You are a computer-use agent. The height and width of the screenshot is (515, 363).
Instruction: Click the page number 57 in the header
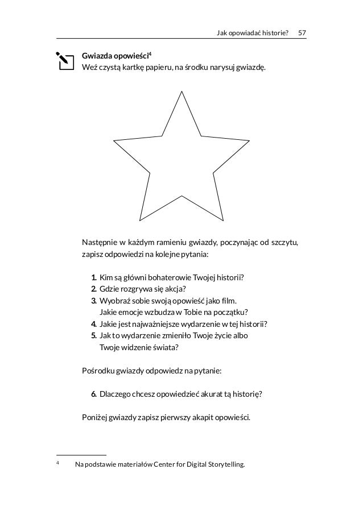coord(302,32)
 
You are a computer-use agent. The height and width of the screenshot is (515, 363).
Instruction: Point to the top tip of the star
coord(181,91)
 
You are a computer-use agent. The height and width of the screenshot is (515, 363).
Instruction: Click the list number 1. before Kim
coord(93,277)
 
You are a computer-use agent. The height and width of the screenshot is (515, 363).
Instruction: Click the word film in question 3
coord(226,301)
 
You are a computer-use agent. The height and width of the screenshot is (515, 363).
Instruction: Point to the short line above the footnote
coord(82,455)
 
